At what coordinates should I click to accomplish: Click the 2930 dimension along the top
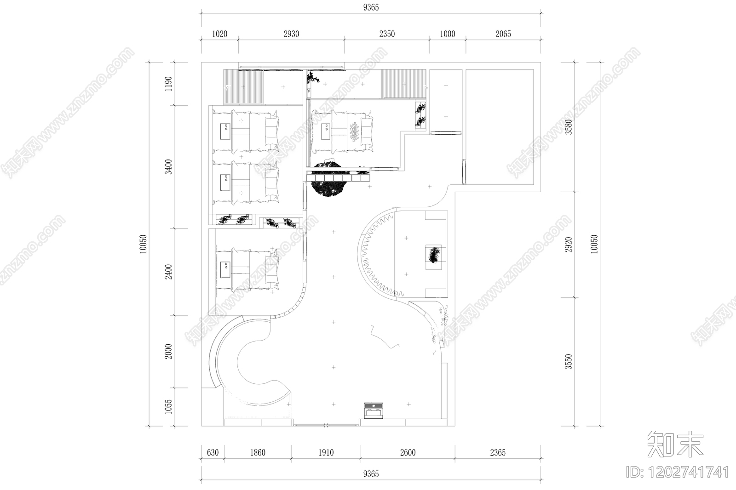(x=292, y=34)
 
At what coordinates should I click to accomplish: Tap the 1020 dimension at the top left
(x=219, y=34)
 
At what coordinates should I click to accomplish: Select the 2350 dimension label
(x=387, y=34)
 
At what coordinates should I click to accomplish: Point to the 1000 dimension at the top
(x=448, y=34)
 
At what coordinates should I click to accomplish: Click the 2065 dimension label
(x=503, y=34)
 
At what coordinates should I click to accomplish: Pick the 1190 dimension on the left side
(x=168, y=84)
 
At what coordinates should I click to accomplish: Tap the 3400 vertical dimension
(x=168, y=167)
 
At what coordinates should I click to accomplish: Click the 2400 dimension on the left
(x=168, y=272)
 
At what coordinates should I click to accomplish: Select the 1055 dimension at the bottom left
(x=168, y=407)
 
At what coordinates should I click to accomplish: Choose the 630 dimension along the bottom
(x=213, y=453)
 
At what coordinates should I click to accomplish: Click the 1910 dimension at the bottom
(x=326, y=453)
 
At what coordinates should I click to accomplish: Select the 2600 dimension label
(x=408, y=453)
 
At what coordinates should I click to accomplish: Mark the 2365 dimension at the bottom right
(x=498, y=453)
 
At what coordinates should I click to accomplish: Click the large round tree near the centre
(x=327, y=179)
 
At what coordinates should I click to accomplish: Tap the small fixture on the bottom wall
(x=374, y=411)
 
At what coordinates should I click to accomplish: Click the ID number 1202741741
(x=678, y=473)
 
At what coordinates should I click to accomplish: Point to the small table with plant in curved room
(x=434, y=257)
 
